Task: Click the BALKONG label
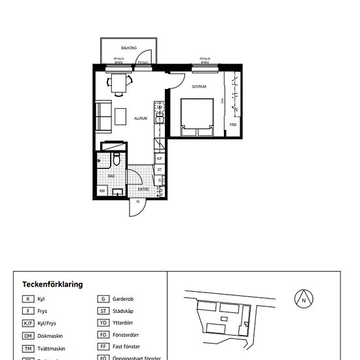128,48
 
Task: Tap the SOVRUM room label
199,86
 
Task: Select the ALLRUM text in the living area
140,118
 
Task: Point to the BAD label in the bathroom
111,175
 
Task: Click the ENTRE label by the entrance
143,189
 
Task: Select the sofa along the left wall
103,117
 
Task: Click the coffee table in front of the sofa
121,117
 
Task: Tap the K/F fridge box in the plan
160,158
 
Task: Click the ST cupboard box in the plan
160,169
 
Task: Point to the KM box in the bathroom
102,190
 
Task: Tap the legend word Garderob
123,298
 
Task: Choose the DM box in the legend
28,336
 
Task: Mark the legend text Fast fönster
127,347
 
